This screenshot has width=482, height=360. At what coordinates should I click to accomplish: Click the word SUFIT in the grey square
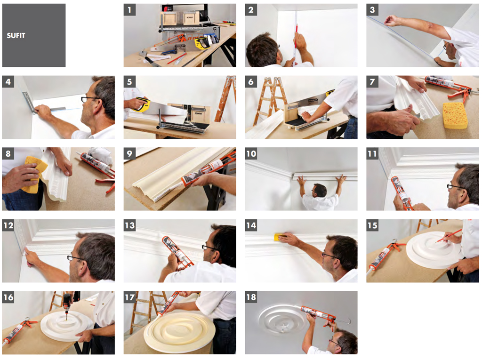(x=16, y=36)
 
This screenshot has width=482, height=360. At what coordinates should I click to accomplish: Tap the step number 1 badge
(x=129, y=10)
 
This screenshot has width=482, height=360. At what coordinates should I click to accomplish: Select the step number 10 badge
(x=251, y=153)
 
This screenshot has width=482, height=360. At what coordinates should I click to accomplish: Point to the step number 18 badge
(x=251, y=297)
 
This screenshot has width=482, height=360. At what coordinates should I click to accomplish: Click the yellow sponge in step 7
(x=455, y=115)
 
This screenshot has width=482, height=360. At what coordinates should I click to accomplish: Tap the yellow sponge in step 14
(x=280, y=237)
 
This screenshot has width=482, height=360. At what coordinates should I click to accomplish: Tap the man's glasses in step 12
(x=75, y=258)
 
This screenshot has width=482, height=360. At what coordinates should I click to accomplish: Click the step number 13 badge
(x=129, y=225)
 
